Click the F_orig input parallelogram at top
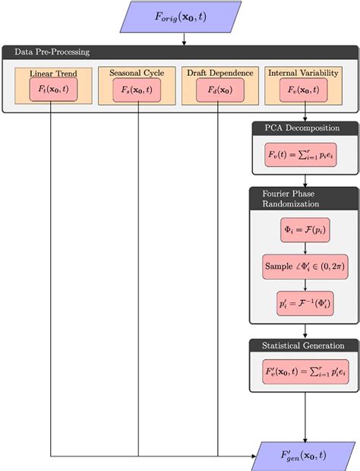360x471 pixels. (x=180, y=15)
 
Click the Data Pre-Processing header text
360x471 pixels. (x=52, y=52)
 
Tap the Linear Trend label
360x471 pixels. (x=51, y=74)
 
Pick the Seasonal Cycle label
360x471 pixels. (x=137, y=74)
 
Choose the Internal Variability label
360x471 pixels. (x=304, y=74)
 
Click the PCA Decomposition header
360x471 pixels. (x=305, y=128)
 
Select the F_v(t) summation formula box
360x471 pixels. (x=305, y=154)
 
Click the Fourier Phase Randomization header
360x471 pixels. (x=305, y=198)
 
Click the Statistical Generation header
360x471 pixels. (x=305, y=346)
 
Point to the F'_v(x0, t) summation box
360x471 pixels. (x=305, y=373)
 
